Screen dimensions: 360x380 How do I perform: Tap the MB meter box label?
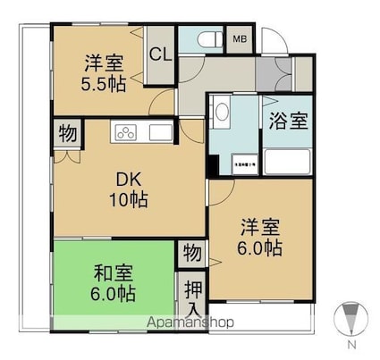coord(240,39)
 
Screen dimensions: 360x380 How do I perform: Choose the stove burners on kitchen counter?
coord(126,134)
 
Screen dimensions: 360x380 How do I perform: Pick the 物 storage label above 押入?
coord(191,253)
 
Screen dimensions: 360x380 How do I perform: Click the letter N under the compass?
coord(351,344)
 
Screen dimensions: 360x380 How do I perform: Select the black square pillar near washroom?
coord(214,166)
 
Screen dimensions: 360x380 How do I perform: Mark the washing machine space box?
coord(240,163)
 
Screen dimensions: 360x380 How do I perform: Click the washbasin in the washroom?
coord(220,113)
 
